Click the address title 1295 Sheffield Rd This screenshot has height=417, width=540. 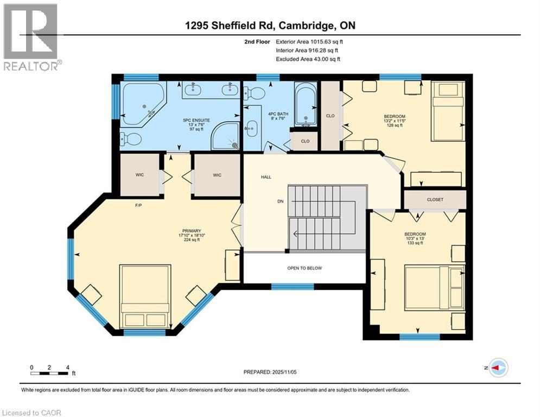[270, 26]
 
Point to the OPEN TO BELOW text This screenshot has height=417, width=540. [304, 268]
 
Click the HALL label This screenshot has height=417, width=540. [266, 177]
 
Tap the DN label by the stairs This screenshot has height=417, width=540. [281, 201]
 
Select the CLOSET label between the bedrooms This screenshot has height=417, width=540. [435, 199]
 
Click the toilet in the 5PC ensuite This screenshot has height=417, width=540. [129, 140]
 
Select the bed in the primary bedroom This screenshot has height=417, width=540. [145, 295]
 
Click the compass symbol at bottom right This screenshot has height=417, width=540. [498, 368]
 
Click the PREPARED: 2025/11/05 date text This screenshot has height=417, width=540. [269, 372]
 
